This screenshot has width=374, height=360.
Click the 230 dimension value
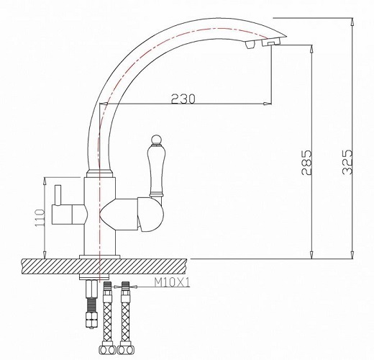[183, 99]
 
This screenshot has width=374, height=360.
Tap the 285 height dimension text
[306, 163]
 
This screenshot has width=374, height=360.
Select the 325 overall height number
[347, 162]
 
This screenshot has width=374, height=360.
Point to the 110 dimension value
[40, 218]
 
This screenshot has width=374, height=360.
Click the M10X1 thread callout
[172, 283]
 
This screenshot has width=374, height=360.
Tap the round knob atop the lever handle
[155, 140]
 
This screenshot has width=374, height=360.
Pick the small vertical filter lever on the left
[58, 195]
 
